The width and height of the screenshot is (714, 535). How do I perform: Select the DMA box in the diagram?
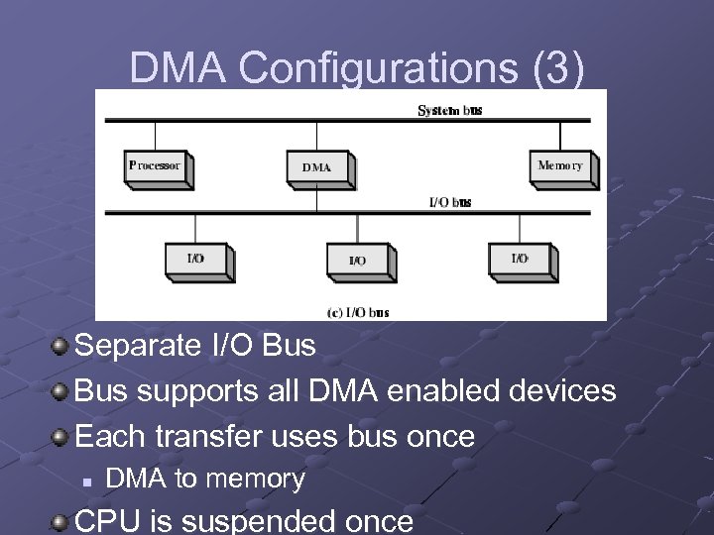pyautogui.click(x=317, y=167)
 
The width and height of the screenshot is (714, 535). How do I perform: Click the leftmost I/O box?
pyautogui.click(x=196, y=260)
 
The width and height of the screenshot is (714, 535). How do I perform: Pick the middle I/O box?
pyautogui.click(x=358, y=261)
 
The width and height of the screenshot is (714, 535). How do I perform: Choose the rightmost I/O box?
pyautogui.click(x=520, y=260)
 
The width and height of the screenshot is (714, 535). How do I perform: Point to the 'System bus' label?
pyautogui.click(x=450, y=110)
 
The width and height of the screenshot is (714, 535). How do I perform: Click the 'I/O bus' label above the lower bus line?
pyautogui.click(x=449, y=203)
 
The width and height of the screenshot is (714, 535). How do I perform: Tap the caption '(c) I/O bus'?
pyautogui.click(x=357, y=312)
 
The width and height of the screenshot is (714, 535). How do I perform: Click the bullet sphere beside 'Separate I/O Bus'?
pyautogui.click(x=61, y=346)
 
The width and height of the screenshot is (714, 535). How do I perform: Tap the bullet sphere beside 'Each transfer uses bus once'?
pyautogui.click(x=61, y=435)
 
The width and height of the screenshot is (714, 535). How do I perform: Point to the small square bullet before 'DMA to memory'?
pyautogui.click(x=87, y=481)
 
